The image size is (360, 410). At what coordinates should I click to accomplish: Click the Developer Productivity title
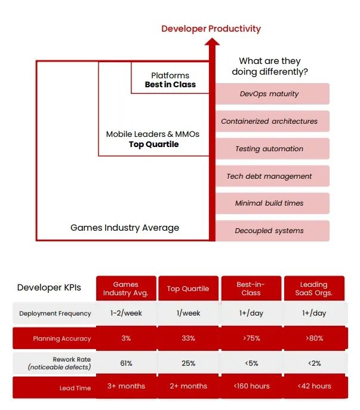[211, 29]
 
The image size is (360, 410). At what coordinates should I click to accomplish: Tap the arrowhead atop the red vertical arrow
[212, 42]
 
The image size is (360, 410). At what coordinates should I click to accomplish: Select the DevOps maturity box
[272, 94]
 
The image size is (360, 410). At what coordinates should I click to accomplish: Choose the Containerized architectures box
[272, 121]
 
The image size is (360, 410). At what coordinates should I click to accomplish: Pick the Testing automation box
[272, 149]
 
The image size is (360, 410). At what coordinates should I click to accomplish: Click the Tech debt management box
[272, 176]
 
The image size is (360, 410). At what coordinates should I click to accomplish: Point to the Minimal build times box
[272, 203]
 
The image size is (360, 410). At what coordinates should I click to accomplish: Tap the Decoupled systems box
[272, 231]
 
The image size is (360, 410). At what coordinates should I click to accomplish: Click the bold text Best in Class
[170, 85]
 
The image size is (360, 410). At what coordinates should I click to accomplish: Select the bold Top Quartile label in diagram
[154, 145]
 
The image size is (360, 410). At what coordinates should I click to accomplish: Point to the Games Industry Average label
[125, 228]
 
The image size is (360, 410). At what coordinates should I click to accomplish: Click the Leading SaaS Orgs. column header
[314, 289]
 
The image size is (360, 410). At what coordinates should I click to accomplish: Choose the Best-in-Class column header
[251, 289]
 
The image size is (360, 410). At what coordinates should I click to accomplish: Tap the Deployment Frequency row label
[55, 314]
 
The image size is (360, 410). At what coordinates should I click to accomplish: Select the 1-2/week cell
[126, 313]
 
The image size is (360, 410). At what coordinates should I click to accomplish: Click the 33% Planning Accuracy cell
[189, 338]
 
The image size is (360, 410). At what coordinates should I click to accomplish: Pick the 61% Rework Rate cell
[126, 363]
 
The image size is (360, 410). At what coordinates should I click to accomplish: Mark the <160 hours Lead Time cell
[251, 386]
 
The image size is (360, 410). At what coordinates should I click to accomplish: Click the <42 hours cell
[314, 386]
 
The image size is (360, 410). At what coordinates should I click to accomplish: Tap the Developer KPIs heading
[49, 287]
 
